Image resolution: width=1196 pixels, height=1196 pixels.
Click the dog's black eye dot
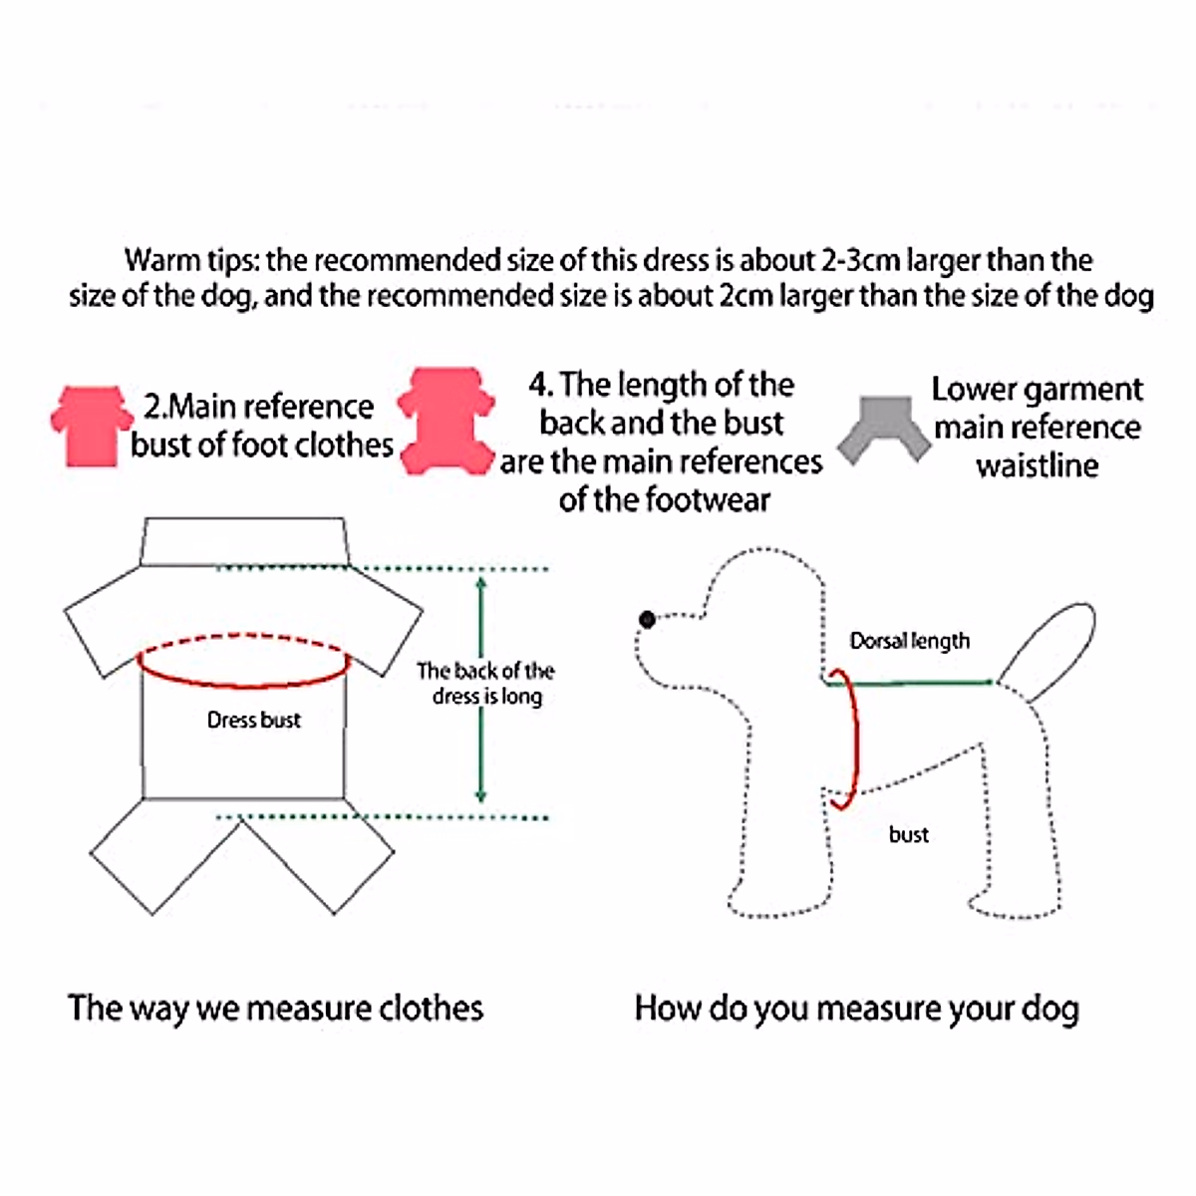648,620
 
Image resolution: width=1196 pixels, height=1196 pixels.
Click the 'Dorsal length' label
909,641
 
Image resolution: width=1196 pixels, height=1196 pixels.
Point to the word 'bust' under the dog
908,834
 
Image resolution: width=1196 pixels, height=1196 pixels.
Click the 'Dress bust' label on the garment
253,720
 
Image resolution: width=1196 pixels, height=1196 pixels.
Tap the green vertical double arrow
481,688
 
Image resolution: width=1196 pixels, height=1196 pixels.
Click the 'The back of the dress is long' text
485,683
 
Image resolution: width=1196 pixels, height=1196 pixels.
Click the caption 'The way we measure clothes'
275,1008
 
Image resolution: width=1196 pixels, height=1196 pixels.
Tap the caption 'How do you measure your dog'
856,1009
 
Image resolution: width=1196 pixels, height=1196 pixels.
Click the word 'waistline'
1037,465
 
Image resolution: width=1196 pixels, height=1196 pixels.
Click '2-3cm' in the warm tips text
860,260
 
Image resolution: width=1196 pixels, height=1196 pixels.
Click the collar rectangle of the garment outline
244,541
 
